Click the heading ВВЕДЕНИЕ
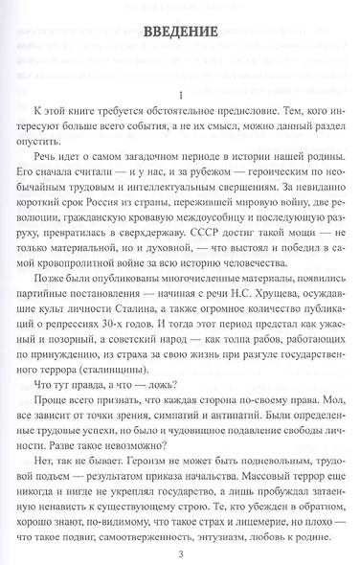[x=179, y=32]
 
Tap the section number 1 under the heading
[x=180, y=93]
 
